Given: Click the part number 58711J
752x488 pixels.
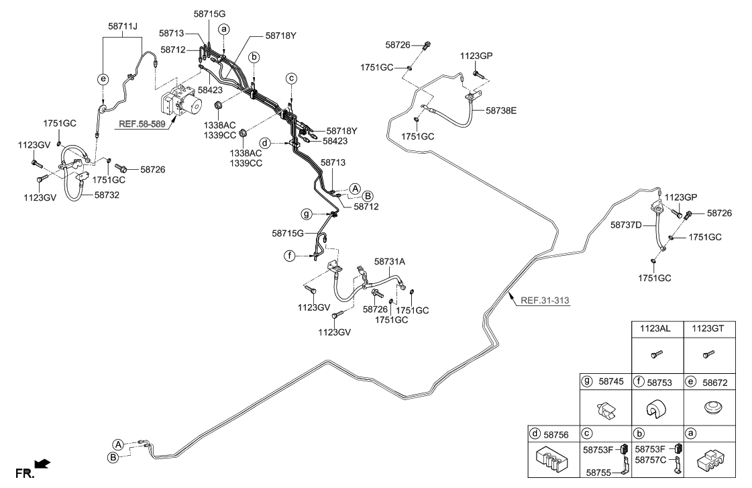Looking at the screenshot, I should pyautogui.click(x=123, y=26).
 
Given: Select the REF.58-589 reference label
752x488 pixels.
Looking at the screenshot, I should pyautogui.click(x=142, y=124).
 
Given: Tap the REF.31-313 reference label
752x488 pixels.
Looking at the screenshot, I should pyautogui.click(x=545, y=300).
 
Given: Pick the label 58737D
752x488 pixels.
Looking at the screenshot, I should pyautogui.click(x=626, y=226).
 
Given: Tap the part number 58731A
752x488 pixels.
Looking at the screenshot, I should pyautogui.click(x=390, y=261).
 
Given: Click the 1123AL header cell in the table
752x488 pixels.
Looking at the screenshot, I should pyautogui.click(x=657, y=330).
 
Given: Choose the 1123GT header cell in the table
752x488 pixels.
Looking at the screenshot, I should pyautogui.click(x=709, y=330).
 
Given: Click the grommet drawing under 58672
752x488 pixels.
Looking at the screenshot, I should pyautogui.click(x=709, y=407).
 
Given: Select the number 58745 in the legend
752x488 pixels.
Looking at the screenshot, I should pyautogui.click(x=611, y=381).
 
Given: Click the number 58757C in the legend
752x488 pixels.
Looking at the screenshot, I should pyautogui.click(x=650, y=461).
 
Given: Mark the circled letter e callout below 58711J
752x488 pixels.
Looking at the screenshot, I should pyautogui.click(x=103, y=79).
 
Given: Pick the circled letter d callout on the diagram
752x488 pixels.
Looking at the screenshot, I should pyautogui.click(x=266, y=143).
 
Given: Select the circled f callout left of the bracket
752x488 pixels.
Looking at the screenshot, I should pyautogui.click(x=290, y=256).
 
